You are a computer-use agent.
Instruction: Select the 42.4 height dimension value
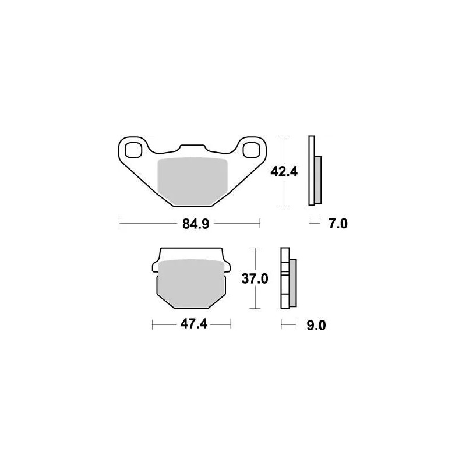[x=284, y=172]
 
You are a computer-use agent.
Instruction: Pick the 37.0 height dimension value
[x=254, y=279]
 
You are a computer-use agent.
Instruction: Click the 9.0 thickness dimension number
[x=315, y=325]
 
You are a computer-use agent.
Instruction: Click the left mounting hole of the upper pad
[x=132, y=150]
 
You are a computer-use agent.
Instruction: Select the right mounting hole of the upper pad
[x=251, y=150]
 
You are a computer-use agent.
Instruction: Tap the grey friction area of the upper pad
[x=192, y=179]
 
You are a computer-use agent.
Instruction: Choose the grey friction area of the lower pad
[x=192, y=282]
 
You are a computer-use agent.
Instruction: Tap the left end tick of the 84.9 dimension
[x=119, y=224]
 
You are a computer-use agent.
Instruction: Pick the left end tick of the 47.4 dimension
[x=152, y=324]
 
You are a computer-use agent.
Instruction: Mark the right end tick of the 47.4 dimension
[x=231, y=324]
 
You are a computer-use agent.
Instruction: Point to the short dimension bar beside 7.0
[x=315, y=224]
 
